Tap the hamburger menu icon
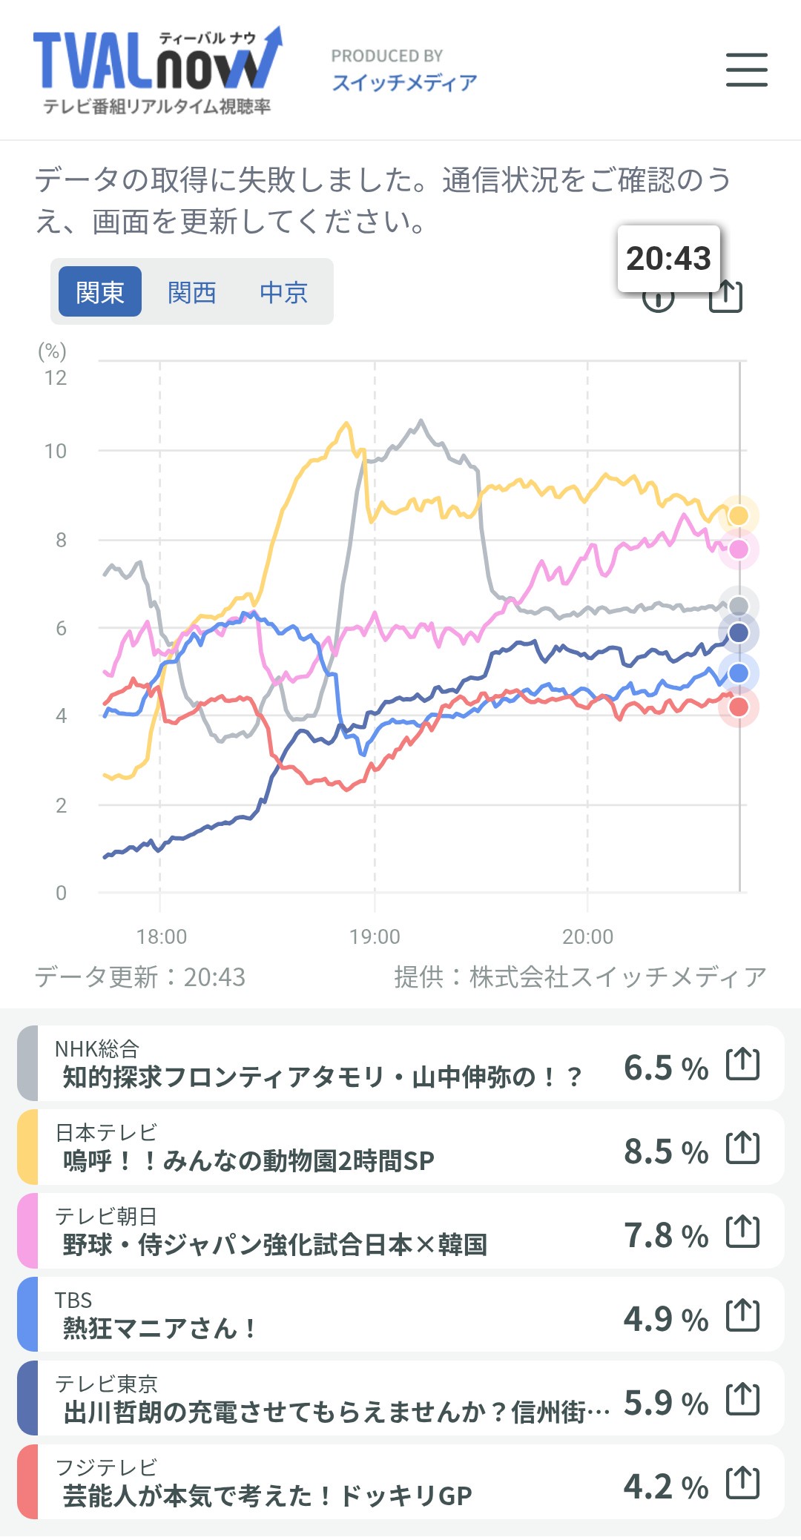coord(746,70)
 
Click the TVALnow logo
coord(157,71)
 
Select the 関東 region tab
coord(100,292)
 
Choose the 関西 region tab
coord(192,292)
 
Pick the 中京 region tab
coord(283,292)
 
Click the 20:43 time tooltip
coord(668,258)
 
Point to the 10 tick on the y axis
coord(56,451)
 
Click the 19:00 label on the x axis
coord(375,936)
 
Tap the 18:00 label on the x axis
coord(162,936)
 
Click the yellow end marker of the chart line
coord(739,515)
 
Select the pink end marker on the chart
coord(739,549)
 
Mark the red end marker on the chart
coord(739,707)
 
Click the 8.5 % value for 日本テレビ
coord(665,1151)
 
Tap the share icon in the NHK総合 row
coord(743,1065)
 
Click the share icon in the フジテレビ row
coord(743,1484)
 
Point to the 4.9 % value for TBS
coord(665,1319)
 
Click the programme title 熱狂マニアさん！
coord(159,1328)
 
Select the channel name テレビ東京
coord(106,1384)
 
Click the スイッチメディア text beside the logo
coord(404,82)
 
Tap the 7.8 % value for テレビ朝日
coord(665,1235)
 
